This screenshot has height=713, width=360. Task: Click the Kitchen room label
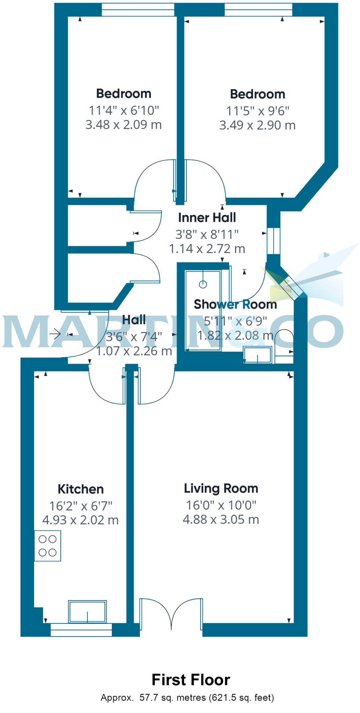tap(80, 489)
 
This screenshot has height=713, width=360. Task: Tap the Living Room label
tap(221, 488)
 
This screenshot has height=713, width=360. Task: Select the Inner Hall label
tap(207, 218)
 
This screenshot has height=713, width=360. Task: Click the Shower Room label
tap(235, 304)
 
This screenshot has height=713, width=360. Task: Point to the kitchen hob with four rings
tap(48, 546)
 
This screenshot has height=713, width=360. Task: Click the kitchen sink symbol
tap(87, 611)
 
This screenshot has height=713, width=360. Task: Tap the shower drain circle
tap(203, 284)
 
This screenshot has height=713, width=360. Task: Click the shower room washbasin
tap(258, 355)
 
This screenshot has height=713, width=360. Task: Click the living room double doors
tap(171, 614)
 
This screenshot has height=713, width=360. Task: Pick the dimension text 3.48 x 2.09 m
tap(124, 125)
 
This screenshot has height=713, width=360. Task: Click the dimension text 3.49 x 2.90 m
tap(257, 125)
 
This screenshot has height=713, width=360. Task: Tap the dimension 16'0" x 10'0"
tap(221, 505)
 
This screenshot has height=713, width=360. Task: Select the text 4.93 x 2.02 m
tap(80, 520)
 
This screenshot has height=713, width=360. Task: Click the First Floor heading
tap(191, 680)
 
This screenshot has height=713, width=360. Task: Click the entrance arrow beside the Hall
tap(55, 335)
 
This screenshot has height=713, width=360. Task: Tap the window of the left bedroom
tap(138, 10)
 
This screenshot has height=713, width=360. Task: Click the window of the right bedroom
tap(258, 10)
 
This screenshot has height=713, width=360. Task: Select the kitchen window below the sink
tap(81, 630)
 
